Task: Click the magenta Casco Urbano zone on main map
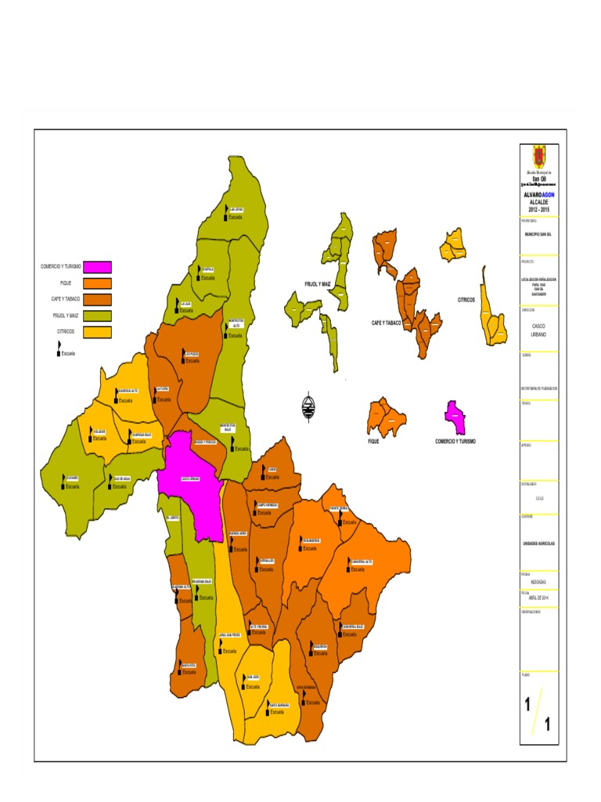pyautogui.click(x=192, y=486)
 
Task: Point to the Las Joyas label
pyautogui.click(x=235, y=209)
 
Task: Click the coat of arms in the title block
pyautogui.click(x=539, y=156)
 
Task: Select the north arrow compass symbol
pyautogui.click(x=309, y=404)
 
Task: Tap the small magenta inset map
pyautogui.click(x=455, y=417)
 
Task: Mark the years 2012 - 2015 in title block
pyautogui.click(x=538, y=210)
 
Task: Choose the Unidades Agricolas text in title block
pyautogui.click(x=538, y=543)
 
